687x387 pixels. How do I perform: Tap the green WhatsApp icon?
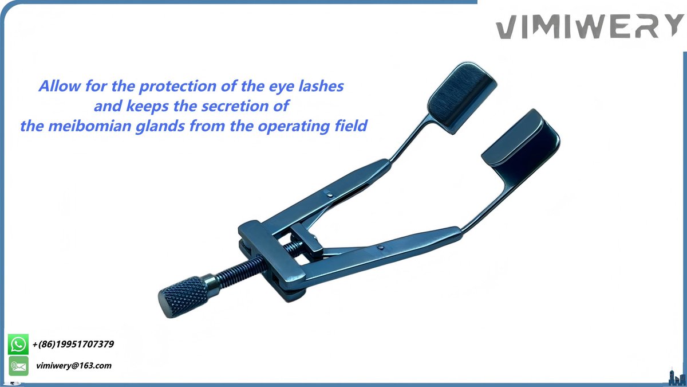[18, 345]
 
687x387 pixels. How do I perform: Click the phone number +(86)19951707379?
[73, 345]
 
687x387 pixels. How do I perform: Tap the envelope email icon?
[18, 365]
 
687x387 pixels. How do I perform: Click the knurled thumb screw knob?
[183, 295]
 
